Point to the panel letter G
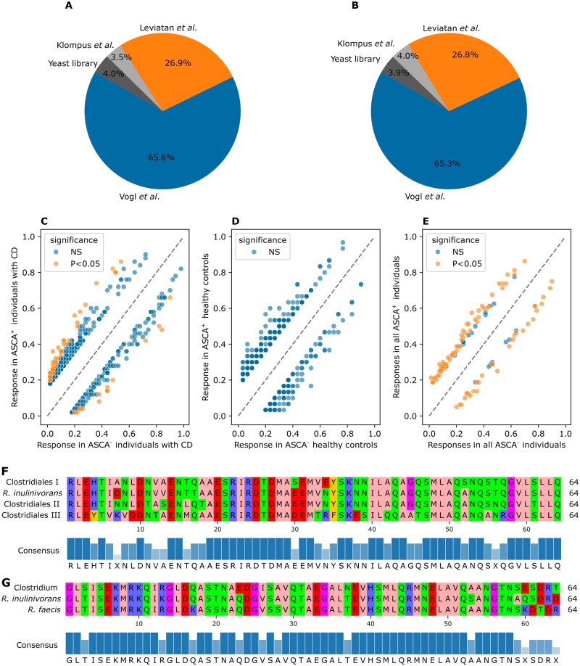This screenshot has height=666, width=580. click(x=6, y=570)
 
